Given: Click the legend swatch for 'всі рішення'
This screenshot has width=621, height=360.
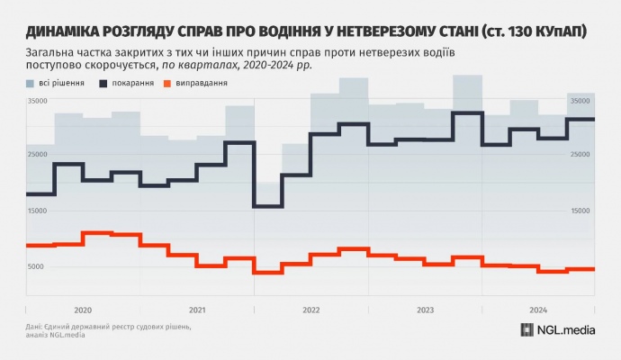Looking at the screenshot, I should coord(31,84).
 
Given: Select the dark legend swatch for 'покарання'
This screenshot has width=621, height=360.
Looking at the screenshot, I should coord(105,84).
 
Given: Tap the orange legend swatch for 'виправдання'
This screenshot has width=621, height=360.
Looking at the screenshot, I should coord(179,84).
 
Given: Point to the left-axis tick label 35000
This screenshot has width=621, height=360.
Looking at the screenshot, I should coord(37,102).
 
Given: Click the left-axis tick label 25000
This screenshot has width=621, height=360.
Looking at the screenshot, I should coord(37,155).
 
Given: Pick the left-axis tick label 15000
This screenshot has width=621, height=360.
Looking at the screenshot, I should coord(37,211).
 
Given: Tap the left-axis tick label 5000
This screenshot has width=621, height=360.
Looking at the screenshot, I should coord(35,267).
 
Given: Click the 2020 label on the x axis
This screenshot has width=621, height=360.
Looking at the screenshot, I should coord(84,309).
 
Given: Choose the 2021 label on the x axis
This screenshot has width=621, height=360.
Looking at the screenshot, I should coord(198,309).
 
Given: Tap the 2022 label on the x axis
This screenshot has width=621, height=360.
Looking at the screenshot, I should coord(311,309).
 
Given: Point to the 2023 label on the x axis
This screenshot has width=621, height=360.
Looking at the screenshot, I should coord(425,309).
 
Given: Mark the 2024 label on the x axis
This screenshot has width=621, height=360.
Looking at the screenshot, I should coord(538,309).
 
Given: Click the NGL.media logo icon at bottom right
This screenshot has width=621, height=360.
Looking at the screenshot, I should coord(526,330).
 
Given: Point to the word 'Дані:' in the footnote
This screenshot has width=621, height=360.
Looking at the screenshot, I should coord(36,326).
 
